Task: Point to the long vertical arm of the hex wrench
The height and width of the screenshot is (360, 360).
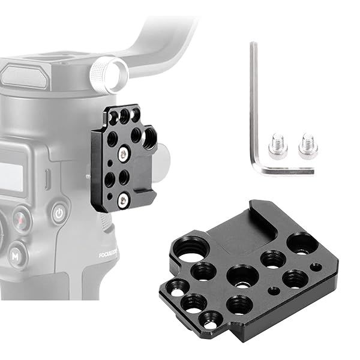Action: point(254,102)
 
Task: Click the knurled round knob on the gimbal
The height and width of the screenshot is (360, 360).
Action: point(108,74)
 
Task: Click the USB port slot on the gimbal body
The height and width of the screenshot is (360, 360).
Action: point(46,178)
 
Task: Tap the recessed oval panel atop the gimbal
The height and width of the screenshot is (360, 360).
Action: point(24,76)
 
